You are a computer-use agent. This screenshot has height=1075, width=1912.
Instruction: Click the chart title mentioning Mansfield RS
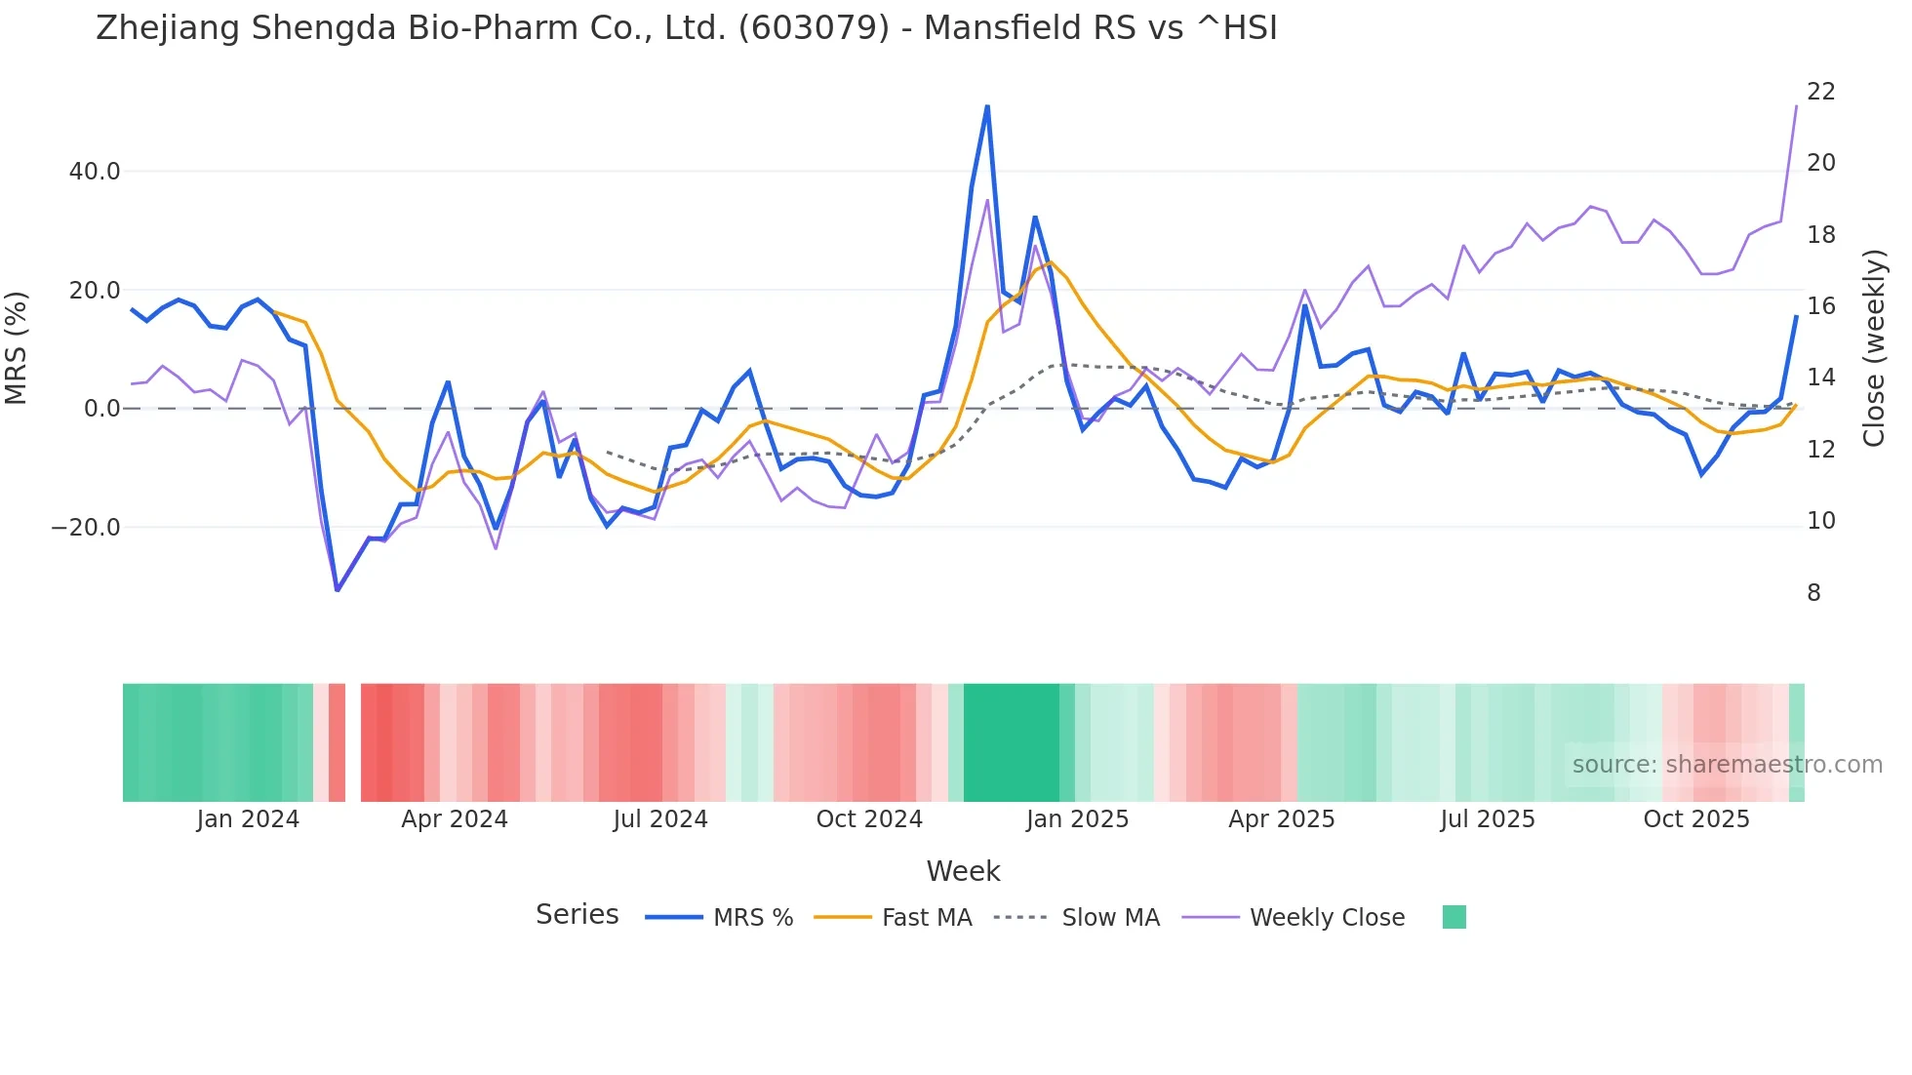tap(686, 28)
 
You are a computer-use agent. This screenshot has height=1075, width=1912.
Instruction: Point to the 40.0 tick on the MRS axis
tap(95, 172)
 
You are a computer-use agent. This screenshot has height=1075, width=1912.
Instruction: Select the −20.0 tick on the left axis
tap(86, 528)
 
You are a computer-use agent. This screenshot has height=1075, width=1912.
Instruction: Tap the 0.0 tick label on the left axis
tap(101, 409)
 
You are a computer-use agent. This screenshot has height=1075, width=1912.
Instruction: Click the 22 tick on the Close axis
tap(1820, 92)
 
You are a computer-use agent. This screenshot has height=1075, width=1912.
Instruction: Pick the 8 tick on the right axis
tap(1813, 593)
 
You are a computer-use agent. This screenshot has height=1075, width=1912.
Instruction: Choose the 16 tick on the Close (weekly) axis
tap(1820, 306)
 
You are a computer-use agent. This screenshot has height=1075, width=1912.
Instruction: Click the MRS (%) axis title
tap(17, 347)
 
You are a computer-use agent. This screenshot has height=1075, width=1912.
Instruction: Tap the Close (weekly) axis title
tap(1873, 347)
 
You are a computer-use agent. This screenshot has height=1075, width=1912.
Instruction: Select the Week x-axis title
tap(963, 871)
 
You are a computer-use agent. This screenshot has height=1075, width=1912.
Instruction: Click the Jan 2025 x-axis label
tap(1077, 819)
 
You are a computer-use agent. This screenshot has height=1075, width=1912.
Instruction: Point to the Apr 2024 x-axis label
tap(455, 819)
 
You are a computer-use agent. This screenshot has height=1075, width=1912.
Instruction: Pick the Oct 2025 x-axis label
tap(1696, 819)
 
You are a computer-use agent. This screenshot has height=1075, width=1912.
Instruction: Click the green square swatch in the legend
tap(1454, 917)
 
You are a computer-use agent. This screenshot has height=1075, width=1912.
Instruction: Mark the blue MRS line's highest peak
tap(987, 106)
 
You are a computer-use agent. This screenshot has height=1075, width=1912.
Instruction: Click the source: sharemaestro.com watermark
tap(1727, 765)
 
